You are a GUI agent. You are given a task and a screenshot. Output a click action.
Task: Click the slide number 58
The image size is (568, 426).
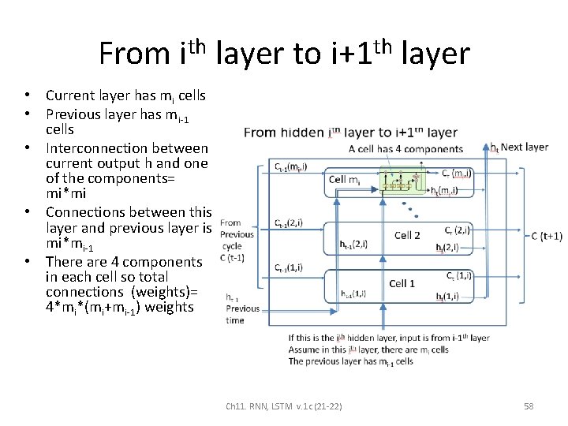coord(529,406)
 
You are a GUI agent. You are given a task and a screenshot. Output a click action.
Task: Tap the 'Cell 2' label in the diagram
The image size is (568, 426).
coord(406,235)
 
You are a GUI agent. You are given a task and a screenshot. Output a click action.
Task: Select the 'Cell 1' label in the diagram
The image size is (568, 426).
coord(402,283)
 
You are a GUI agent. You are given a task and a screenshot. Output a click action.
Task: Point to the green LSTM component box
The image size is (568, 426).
coord(403,181)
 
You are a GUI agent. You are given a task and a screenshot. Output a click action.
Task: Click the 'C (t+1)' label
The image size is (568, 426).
coord(546,236)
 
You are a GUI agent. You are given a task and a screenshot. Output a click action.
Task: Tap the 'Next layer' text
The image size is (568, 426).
coord(525,148)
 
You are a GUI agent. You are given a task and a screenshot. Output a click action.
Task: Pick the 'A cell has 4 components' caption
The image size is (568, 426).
coord(405,148)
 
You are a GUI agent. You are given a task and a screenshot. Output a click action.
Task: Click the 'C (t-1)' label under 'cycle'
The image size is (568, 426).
coord(231,257)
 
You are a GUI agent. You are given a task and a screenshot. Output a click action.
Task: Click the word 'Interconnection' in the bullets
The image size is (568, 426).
coord(88,148)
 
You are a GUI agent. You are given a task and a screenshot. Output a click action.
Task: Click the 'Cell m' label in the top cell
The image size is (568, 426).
coord(344,181)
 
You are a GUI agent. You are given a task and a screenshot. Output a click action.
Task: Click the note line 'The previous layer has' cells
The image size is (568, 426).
coord(350,361)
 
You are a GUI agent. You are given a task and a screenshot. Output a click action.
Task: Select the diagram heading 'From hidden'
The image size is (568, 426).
coord(286,133)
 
